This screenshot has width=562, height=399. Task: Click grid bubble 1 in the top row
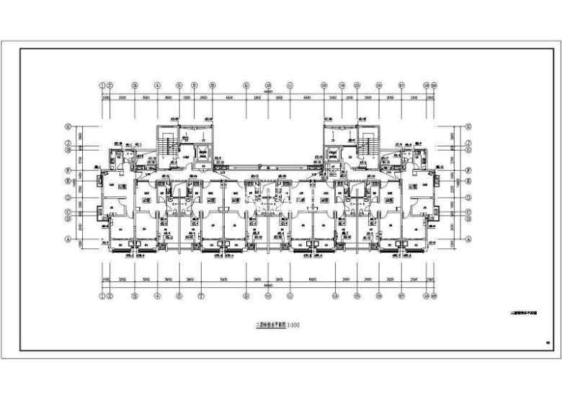tap(102, 84)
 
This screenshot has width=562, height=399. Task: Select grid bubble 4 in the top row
tap(157, 84)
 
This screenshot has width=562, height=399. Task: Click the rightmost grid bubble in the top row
tap(434, 84)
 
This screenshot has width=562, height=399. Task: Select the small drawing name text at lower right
tap(525, 313)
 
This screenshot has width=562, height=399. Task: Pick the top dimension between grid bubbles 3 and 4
tap(146, 97)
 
